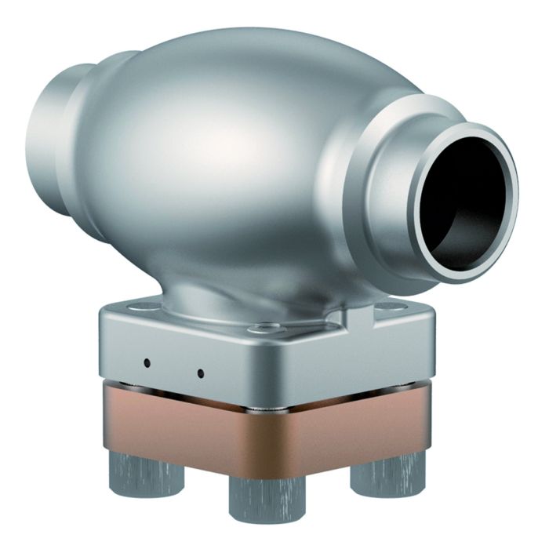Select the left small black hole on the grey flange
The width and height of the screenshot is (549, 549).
click(x=147, y=362)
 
